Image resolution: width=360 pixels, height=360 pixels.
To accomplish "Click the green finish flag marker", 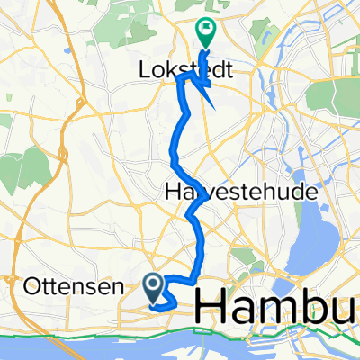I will (205, 32).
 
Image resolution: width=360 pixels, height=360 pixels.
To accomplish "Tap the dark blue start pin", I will (154, 287).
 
